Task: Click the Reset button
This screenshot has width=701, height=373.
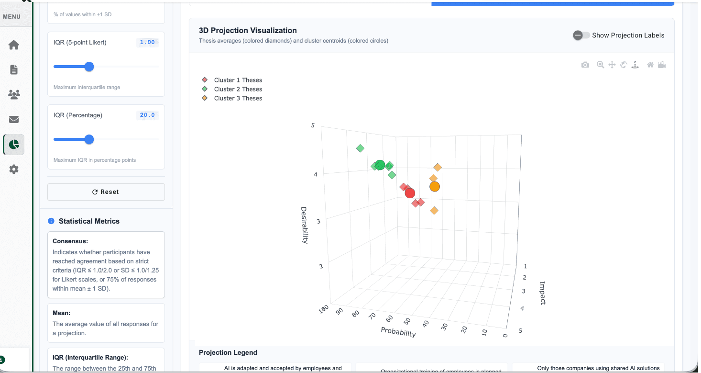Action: pyautogui.click(x=106, y=192)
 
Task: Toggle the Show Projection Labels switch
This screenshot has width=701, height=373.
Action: pyautogui.click(x=581, y=35)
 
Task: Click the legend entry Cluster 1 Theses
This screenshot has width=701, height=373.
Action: pyautogui.click(x=238, y=80)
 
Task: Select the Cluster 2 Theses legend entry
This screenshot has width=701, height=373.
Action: pyautogui.click(x=238, y=89)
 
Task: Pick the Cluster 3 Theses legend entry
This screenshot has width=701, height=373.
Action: pyautogui.click(x=238, y=98)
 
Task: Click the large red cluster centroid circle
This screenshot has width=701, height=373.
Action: pyautogui.click(x=410, y=193)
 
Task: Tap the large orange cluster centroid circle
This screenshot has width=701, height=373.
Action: pyautogui.click(x=434, y=187)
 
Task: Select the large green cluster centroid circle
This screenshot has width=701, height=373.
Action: pyautogui.click(x=380, y=165)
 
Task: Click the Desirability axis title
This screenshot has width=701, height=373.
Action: pyautogui.click(x=304, y=225)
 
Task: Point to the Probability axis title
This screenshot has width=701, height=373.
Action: pyautogui.click(x=398, y=332)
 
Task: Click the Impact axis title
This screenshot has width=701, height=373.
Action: pyautogui.click(x=542, y=293)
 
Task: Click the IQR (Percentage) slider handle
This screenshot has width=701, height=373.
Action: pyautogui.click(x=89, y=139)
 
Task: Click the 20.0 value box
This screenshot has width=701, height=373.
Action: pyautogui.click(x=147, y=115)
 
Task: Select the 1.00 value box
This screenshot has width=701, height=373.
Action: pyautogui.click(x=147, y=43)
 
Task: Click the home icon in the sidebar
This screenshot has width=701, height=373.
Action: pyautogui.click(x=14, y=45)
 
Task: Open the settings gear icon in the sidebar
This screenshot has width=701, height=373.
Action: pyautogui.click(x=14, y=169)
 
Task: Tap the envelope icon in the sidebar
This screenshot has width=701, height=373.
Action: pyautogui.click(x=14, y=119)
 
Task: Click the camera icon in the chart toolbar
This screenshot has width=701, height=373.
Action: pyautogui.click(x=585, y=65)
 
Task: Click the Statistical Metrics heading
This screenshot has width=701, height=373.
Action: pyautogui.click(x=89, y=221)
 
